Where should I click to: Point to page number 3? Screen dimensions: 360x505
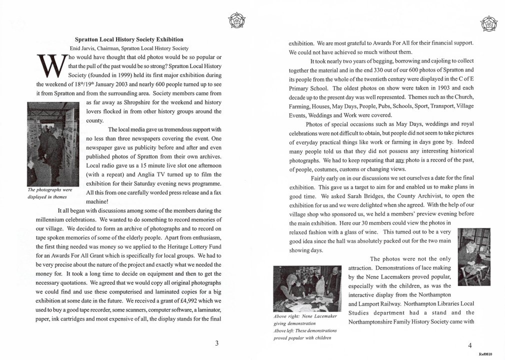pyautogui.click(x=216, y=343)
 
